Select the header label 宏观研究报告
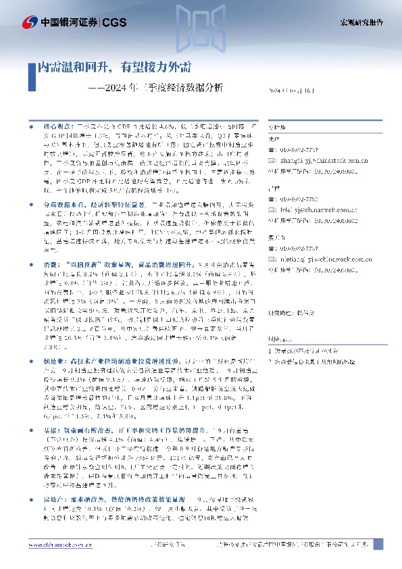[x=361, y=23]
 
